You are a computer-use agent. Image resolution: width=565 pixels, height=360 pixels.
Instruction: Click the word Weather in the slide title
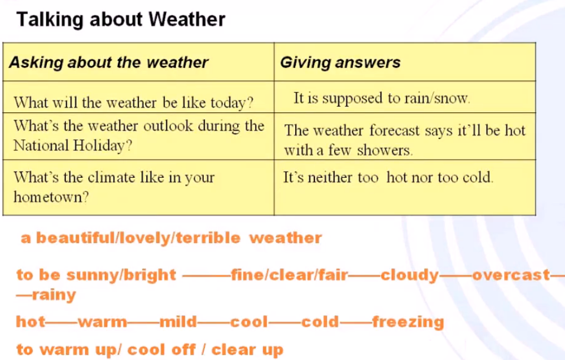click(x=187, y=19)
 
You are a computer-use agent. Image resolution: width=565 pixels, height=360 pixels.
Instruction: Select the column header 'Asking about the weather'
click(x=108, y=62)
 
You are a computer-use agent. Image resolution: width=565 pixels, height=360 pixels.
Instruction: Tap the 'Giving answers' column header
click(x=340, y=62)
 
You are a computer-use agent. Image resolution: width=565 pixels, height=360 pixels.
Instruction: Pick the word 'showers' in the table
click(x=384, y=150)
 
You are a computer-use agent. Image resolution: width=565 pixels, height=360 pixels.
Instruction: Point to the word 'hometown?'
click(x=51, y=197)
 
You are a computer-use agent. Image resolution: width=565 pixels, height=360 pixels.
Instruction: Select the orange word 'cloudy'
click(x=410, y=275)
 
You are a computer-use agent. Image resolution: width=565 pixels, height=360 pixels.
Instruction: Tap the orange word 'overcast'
click(x=511, y=275)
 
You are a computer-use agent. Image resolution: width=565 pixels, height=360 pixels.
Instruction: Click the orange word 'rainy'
click(x=54, y=295)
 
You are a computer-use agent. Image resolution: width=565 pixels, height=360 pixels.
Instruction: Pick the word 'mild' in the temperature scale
click(x=178, y=322)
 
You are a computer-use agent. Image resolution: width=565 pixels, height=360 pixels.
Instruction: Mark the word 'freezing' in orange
click(x=408, y=322)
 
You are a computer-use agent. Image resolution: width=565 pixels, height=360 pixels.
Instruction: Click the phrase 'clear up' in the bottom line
click(x=247, y=350)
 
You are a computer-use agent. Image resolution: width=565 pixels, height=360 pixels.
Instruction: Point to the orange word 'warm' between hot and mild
click(x=102, y=322)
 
